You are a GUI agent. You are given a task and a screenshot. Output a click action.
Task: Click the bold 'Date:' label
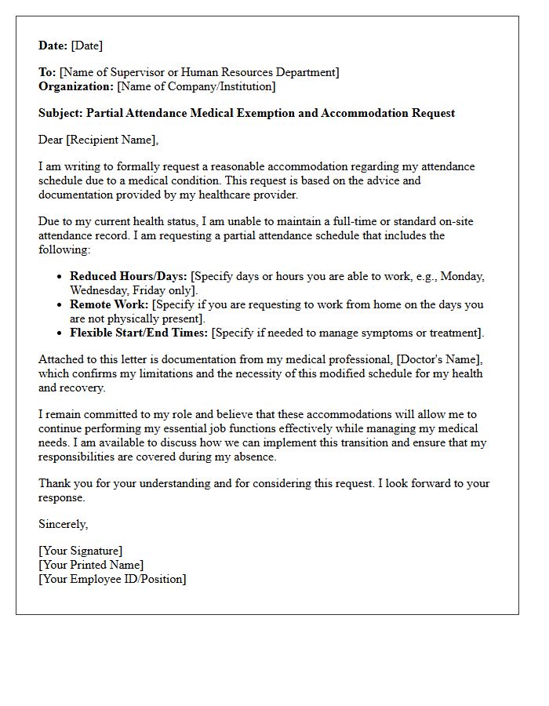(x=53, y=45)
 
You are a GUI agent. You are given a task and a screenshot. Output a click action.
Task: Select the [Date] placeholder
(x=87, y=45)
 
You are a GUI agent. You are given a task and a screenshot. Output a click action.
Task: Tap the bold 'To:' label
(x=47, y=72)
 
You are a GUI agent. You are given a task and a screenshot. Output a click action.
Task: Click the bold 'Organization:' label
(x=76, y=86)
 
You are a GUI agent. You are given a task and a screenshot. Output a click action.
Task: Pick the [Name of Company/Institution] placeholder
(x=196, y=86)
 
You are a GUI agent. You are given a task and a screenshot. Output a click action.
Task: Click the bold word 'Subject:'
(x=60, y=113)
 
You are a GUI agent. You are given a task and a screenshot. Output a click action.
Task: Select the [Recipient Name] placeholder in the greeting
(x=111, y=140)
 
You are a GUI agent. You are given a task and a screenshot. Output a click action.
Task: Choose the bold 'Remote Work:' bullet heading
(x=109, y=304)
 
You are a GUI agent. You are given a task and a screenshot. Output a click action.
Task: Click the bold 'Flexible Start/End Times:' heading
(x=139, y=333)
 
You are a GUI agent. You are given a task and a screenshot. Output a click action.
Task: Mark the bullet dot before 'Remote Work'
(x=60, y=305)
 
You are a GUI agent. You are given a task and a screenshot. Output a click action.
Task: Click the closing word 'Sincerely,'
(x=64, y=524)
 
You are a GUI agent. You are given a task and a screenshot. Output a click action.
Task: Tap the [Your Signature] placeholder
(x=81, y=551)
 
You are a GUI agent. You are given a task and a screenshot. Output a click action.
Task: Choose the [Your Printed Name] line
(x=91, y=565)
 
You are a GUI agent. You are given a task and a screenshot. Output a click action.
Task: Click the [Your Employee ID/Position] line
(x=112, y=579)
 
